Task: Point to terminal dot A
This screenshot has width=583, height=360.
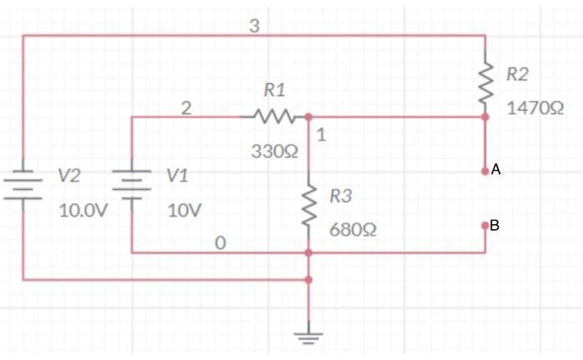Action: [x=485, y=170]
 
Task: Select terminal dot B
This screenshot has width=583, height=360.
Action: [x=485, y=225]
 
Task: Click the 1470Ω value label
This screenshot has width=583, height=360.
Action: [x=535, y=108]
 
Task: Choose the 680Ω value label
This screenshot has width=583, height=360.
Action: [x=352, y=229]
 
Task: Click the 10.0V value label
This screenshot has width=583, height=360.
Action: [x=82, y=210]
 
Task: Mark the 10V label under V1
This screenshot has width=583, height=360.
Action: [x=183, y=210]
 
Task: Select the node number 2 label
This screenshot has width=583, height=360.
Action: [x=186, y=107]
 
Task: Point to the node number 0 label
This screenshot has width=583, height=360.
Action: [x=220, y=243]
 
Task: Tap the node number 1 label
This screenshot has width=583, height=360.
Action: [x=321, y=135]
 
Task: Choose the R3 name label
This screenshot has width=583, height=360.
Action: [x=341, y=197]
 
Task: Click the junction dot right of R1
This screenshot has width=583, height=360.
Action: [x=308, y=117]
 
